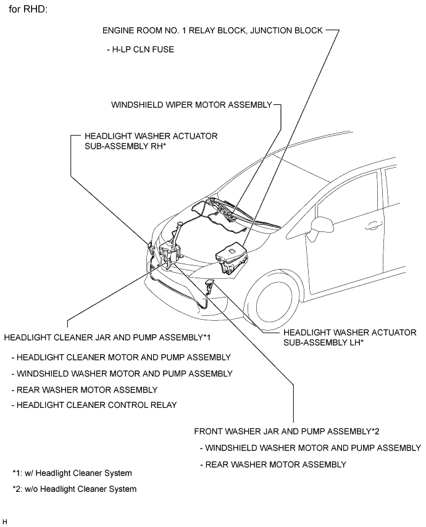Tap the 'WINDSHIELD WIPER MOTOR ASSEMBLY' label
191,105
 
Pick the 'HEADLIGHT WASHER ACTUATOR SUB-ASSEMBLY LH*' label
349,336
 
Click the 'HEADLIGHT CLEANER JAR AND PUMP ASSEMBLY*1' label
108,338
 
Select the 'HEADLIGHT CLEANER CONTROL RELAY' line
94,405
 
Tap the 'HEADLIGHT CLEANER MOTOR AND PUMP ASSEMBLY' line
121,357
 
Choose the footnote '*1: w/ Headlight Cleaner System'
72,473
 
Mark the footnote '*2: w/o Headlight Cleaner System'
74,489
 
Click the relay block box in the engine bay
230,256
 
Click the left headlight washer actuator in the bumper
209,285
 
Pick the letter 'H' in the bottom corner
5,521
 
